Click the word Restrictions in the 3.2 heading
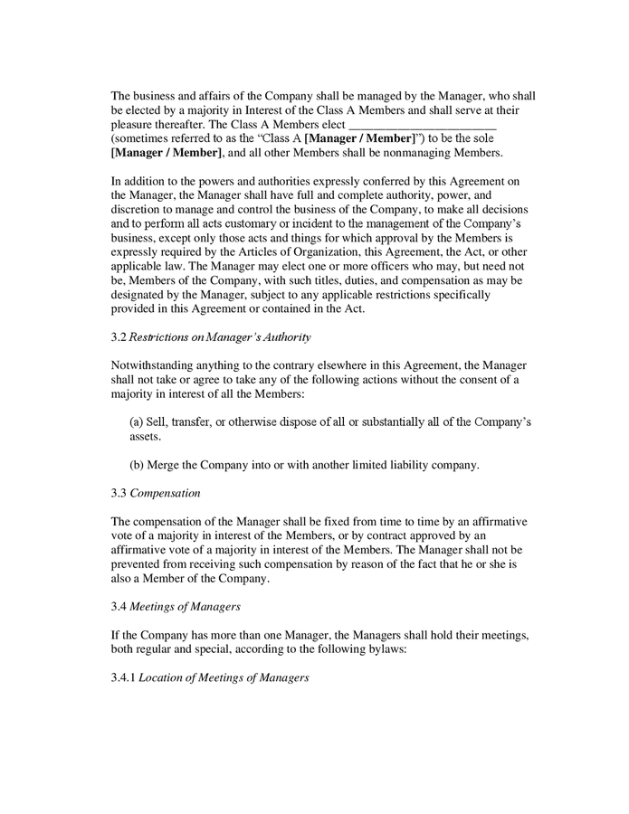(x=159, y=338)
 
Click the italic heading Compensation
(x=166, y=494)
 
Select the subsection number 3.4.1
(x=123, y=677)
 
